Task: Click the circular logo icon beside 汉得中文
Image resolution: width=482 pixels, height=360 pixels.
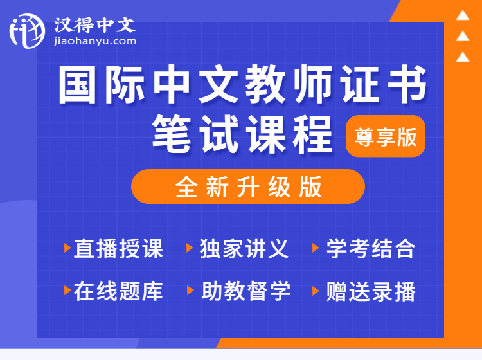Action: tap(27, 31)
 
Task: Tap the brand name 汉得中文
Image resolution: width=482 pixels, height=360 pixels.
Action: tap(95, 25)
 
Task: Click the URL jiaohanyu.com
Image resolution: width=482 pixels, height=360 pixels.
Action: tap(95, 41)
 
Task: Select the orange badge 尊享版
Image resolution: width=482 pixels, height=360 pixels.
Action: tap(386, 136)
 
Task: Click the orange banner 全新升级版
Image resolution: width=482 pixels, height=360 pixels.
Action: tap(248, 186)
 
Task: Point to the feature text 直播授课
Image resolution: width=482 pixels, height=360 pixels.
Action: tap(119, 248)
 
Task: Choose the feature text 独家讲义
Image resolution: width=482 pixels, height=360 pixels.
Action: tap(244, 248)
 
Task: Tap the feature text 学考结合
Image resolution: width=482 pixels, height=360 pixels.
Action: tap(371, 248)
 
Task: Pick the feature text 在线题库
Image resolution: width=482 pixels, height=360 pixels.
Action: tap(119, 291)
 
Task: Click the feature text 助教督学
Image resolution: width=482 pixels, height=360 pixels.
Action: tap(246, 291)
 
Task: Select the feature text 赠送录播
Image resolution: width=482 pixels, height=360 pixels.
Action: tap(371, 291)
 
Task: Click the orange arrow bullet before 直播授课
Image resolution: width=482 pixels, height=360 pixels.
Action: tap(67, 248)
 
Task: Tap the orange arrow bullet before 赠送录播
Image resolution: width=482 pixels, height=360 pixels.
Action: tap(316, 291)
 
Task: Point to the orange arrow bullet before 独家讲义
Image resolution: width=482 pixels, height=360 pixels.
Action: tap(190, 248)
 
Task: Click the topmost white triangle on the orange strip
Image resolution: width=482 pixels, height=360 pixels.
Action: tap(463, 15)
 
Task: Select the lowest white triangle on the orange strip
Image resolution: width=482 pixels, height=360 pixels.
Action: tap(463, 57)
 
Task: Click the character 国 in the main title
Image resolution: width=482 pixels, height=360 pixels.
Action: tap(78, 84)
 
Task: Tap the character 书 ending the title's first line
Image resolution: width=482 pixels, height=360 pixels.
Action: tap(407, 84)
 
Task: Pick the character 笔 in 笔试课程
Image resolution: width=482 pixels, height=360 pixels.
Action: tap(171, 134)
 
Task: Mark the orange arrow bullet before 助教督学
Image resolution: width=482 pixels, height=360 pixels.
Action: tap(191, 291)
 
